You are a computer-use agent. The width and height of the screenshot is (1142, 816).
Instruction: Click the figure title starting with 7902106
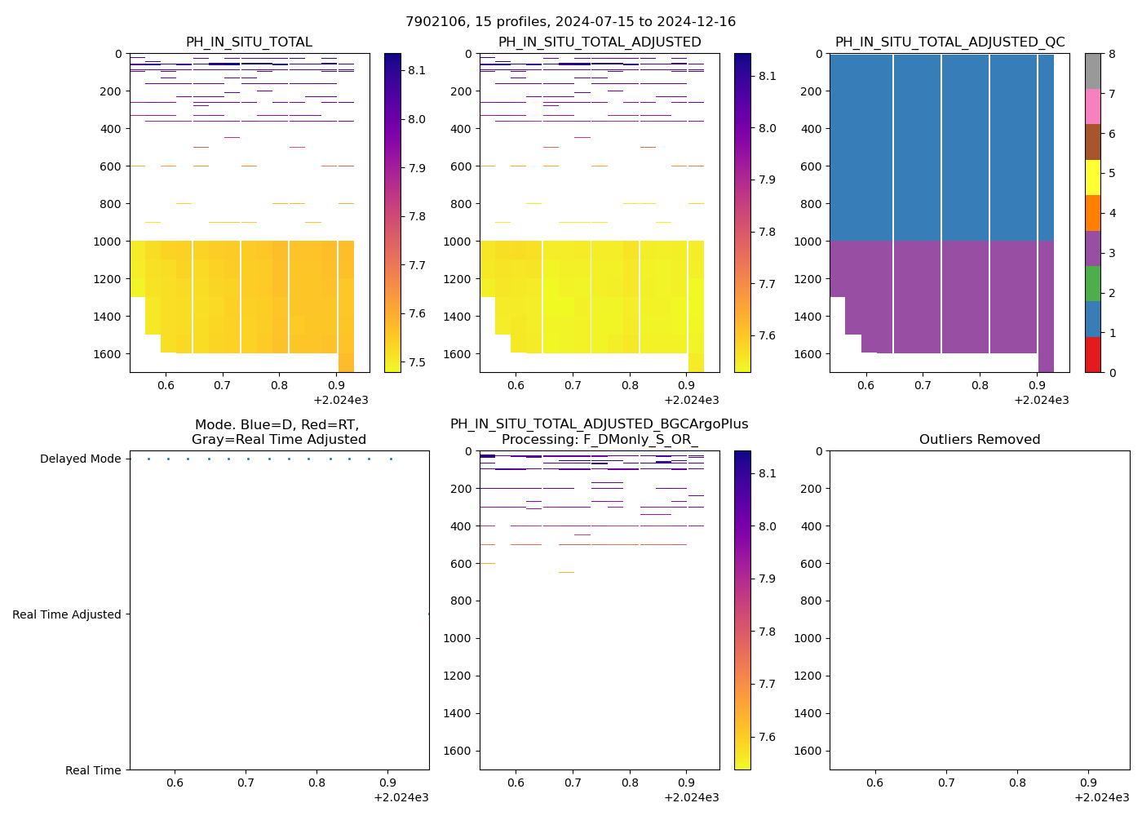[x=570, y=21]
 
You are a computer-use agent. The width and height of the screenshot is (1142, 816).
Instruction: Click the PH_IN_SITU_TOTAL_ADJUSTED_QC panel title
[x=949, y=42]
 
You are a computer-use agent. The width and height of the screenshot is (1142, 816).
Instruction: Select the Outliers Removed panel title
[x=979, y=439]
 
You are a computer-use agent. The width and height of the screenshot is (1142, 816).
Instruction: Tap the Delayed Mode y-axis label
[x=80, y=459]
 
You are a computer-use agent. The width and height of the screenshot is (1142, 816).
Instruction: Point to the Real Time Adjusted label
[x=67, y=614]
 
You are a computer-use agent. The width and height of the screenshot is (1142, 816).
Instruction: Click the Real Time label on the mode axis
[x=93, y=770]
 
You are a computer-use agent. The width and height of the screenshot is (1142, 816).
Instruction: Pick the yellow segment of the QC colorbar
[x=1092, y=177]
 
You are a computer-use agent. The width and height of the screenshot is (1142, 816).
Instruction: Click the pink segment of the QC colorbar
[x=1092, y=106]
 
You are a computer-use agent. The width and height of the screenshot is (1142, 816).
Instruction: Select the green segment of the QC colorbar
[x=1092, y=283]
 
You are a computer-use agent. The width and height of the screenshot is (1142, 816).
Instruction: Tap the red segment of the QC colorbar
[x=1092, y=354]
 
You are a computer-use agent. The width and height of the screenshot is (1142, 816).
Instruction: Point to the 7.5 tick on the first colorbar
[x=416, y=362]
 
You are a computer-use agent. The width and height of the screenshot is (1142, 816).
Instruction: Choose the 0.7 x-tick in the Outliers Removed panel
[x=945, y=783]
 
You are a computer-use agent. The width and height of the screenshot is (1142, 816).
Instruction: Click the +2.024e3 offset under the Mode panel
[x=401, y=797]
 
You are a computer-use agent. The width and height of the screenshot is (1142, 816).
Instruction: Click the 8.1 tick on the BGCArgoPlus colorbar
[x=768, y=473]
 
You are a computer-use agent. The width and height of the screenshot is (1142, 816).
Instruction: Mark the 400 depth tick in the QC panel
[x=812, y=129]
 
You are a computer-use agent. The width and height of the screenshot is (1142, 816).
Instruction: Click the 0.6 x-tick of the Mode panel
[x=175, y=783]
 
